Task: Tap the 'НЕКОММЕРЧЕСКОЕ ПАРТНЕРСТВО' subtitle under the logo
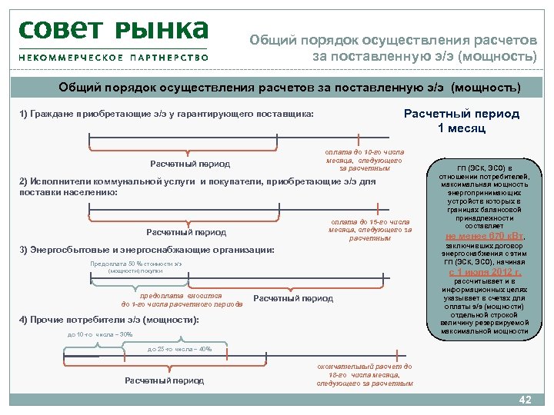(x=113, y=57)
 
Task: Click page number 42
(x=526, y=400)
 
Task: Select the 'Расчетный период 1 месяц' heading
(x=461, y=121)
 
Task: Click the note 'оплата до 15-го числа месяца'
(x=369, y=230)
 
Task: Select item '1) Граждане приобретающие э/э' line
(x=166, y=114)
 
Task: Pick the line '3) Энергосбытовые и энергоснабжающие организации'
(x=146, y=251)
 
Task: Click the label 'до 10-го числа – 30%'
(x=100, y=334)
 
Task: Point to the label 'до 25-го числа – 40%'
(x=179, y=350)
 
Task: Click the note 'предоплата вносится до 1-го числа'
(x=182, y=300)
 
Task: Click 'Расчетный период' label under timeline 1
(x=189, y=164)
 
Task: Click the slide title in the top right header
(x=392, y=48)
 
